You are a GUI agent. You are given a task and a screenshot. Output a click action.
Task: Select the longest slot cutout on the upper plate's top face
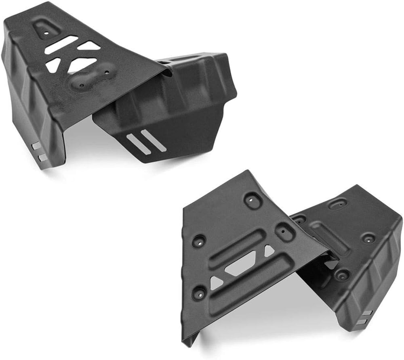[x=61, y=44]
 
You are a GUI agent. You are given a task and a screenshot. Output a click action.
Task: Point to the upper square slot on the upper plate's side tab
[x=36, y=146]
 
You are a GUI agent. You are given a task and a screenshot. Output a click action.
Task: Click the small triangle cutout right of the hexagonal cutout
[x=269, y=251]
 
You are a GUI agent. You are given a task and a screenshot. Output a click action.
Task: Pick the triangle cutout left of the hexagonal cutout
[x=216, y=283]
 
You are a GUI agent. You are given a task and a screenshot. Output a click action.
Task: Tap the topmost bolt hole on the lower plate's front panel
[x=252, y=199]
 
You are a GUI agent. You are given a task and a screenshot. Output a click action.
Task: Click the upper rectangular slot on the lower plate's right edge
[x=366, y=313]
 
